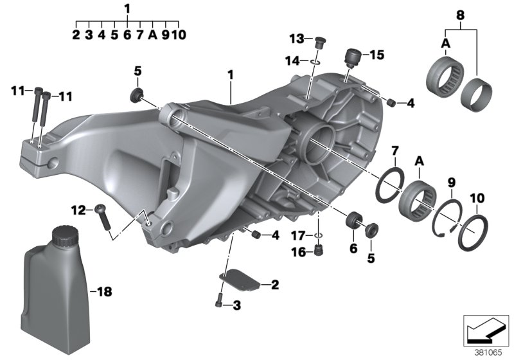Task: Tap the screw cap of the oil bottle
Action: tap(62, 235)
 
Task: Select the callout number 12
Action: tap(78, 210)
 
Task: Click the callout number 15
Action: tap(376, 55)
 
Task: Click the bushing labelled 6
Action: tap(353, 221)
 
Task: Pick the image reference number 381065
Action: tap(486, 351)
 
